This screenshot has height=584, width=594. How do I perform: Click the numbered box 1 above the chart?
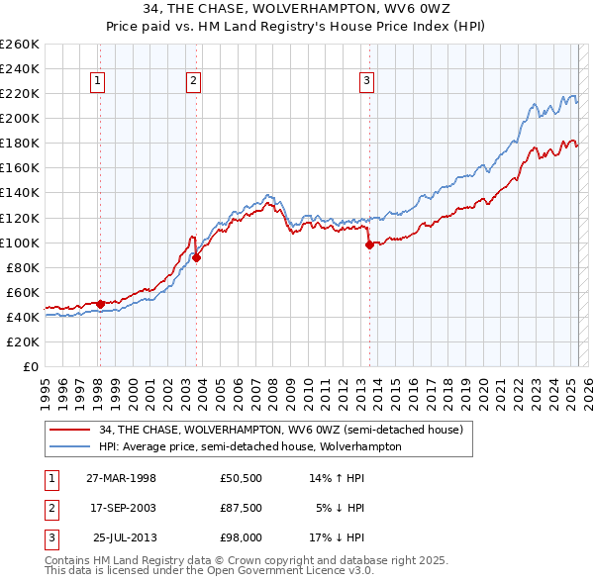click(100, 82)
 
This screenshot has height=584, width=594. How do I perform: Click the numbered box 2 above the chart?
click(194, 82)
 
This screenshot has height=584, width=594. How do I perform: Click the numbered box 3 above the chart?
click(366, 82)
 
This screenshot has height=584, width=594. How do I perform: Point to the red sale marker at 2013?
click(369, 244)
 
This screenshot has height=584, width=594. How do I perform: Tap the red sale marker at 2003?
click(197, 257)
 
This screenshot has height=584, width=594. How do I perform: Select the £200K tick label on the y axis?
click(20, 118)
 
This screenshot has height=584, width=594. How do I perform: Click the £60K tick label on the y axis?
click(24, 292)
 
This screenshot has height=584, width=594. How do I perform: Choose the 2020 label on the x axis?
click(481, 383)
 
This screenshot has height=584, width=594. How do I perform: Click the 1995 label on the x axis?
click(45, 383)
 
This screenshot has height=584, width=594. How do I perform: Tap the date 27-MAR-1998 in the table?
click(121, 478)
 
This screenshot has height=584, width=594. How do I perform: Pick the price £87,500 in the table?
click(241, 508)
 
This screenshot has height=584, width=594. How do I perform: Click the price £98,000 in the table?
click(241, 537)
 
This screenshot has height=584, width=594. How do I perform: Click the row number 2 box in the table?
click(50, 508)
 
